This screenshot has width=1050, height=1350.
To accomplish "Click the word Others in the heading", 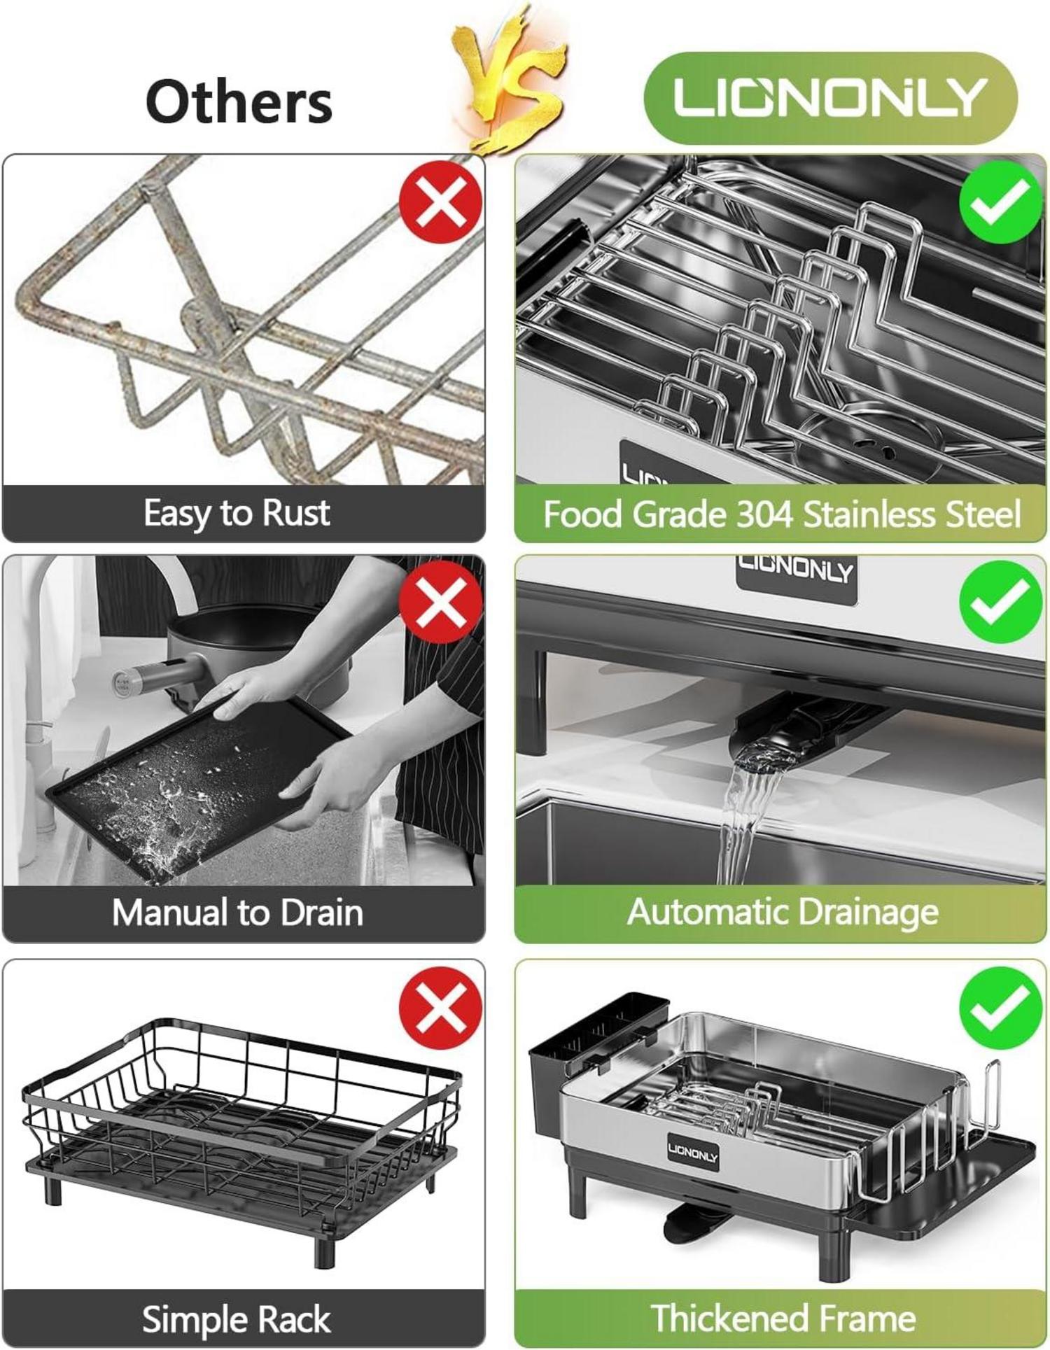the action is (x=239, y=101).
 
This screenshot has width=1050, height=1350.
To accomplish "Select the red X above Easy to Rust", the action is (x=440, y=202).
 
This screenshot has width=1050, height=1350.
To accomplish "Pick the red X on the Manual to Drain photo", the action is (x=440, y=602).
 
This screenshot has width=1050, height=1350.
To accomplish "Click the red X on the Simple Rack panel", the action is (x=440, y=1008).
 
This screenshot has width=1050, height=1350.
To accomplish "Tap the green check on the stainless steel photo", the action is (x=1001, y=202).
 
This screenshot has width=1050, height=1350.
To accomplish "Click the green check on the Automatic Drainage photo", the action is (x=1001, y=602).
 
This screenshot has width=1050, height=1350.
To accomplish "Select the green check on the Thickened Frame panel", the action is (x=1001, y=1008).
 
